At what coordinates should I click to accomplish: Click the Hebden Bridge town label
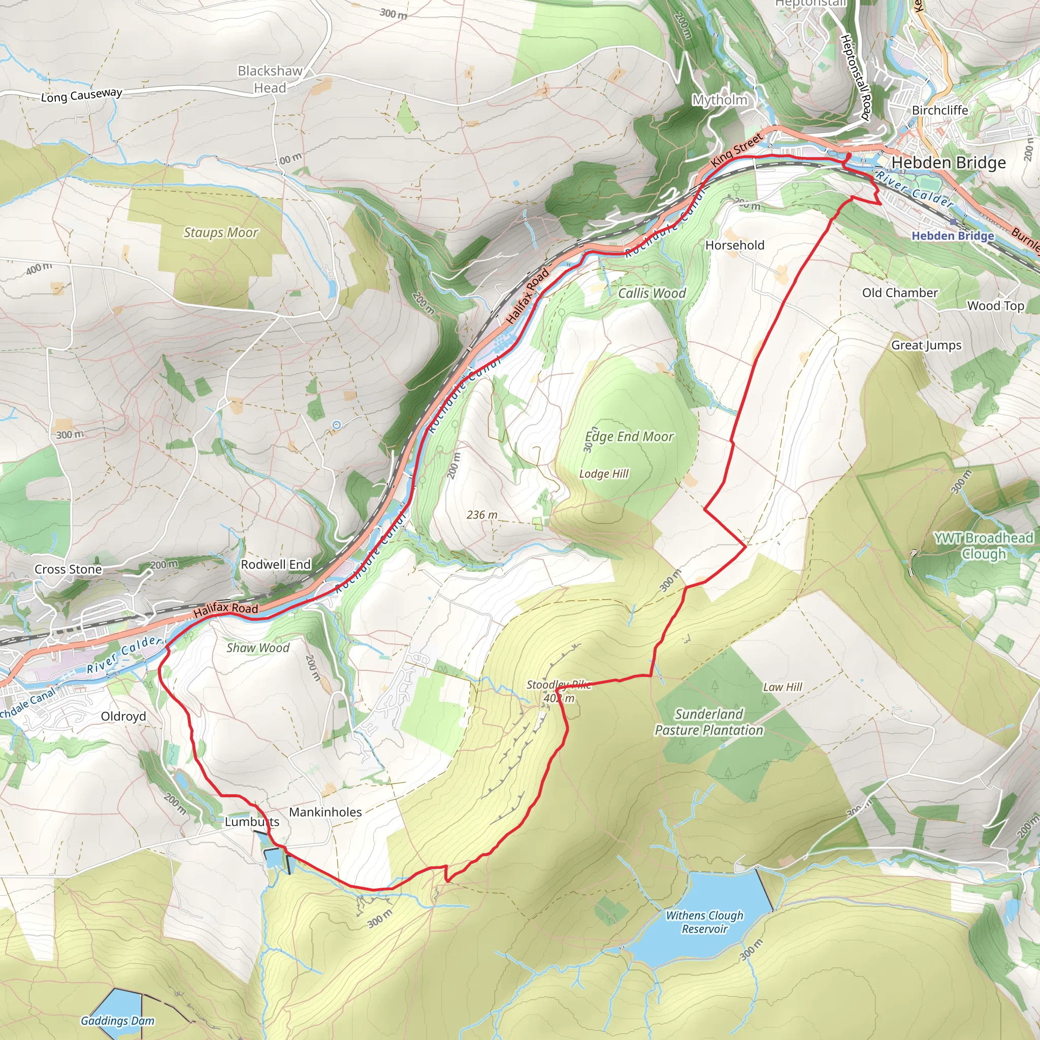[x=949, y=162]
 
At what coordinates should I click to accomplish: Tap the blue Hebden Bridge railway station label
[x=952, y=236]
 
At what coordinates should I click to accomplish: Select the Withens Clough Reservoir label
[x=704, y=922]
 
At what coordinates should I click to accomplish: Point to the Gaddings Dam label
[x=117, y=1021]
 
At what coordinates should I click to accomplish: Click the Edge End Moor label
[x=629, y=437]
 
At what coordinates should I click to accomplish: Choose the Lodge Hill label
[x=603, y=474]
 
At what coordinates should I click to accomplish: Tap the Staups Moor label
[x=221, y=233]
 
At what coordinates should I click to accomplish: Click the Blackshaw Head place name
[x=270, y=79]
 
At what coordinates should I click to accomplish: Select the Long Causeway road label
[x=82, y=95]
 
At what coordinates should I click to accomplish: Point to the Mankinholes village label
[x=325, y=812]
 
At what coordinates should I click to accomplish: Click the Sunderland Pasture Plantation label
[x=708, y=722]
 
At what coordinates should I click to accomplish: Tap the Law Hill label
[x=782, y=687]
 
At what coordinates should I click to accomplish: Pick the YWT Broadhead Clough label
[x=984, y=545]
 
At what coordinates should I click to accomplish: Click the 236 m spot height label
[x=482, y=515]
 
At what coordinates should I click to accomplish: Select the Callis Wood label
[x=652, y=294]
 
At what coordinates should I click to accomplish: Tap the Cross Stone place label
[x=68, y=570]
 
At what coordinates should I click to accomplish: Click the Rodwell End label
[x=276, y=565]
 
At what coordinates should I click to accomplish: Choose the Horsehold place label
[x=734, y=245]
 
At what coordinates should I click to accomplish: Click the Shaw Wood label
[x=258, y=648]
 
